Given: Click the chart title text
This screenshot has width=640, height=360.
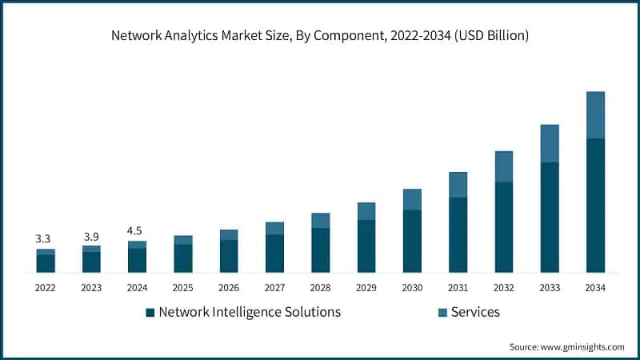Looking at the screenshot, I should (320, 36).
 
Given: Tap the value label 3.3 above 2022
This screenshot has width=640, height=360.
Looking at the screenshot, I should (45, 238).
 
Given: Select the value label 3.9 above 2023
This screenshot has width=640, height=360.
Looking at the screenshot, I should (90, 237).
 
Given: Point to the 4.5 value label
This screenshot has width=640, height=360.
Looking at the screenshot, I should (137, 231).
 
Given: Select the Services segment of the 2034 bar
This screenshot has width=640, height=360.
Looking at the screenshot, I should (595, 115).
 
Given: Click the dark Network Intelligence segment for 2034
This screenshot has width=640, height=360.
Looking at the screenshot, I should (595, 205).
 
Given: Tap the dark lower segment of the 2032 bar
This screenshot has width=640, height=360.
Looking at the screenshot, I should (503, 226).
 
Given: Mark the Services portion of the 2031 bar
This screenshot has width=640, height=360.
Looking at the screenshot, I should (458, 185).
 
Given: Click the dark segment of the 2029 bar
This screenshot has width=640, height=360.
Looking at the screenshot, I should (366, 246).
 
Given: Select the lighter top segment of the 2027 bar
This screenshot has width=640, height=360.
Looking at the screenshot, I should (274, 228).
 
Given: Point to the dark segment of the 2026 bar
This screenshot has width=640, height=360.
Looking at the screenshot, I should (229, 256).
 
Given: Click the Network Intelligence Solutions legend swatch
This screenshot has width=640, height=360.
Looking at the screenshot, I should (150, 312).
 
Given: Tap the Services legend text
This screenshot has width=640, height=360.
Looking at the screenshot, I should (475, 312).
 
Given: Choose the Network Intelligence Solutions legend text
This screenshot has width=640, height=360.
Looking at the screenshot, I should (250, 312).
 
